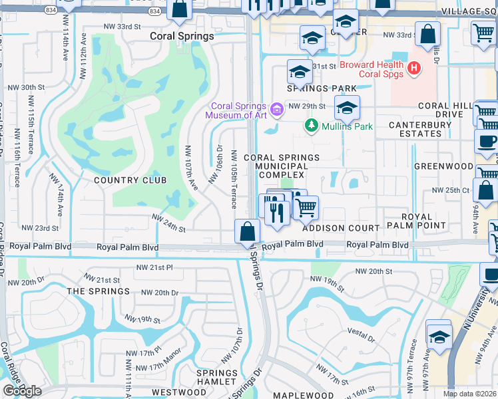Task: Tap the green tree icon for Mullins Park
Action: pos(310,124)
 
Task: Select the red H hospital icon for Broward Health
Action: pos(414,68)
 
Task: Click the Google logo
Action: pos(22,391)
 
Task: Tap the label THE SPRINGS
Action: pos(98,291)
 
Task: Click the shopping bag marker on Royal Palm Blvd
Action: pos(247,232)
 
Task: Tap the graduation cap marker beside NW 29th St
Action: pos(347,108)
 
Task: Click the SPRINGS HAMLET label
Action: pos(217,377)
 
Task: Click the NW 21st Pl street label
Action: pos(152,267)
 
